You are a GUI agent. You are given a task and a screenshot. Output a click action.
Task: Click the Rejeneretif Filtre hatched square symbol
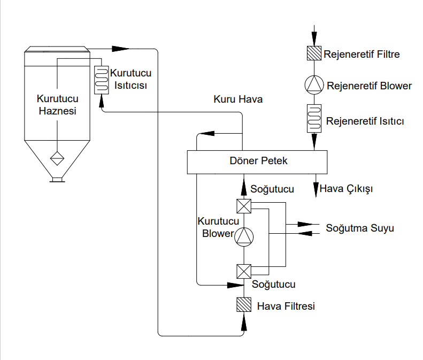tap(314, 53)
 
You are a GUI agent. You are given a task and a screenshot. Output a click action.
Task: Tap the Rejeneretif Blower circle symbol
tap(314, 85)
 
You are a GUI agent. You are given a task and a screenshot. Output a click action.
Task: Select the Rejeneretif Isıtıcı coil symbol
tap(314, 118)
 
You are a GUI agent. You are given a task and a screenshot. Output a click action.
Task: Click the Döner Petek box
tap(257, 162)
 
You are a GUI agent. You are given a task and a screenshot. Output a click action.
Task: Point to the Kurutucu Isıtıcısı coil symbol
tap(102, 80)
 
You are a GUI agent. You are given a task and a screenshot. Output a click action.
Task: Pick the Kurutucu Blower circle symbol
tap(244, 236)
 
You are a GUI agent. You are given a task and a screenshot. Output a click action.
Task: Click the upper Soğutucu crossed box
tap(244, 206)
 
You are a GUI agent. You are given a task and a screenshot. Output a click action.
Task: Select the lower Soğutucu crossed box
tap(244, 271)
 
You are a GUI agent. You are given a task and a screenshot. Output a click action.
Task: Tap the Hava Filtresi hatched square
tap(244, 305)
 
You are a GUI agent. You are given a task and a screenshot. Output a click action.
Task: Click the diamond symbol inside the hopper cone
tap(57, 158)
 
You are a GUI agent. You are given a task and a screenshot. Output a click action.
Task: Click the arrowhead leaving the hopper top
tap(120, 49)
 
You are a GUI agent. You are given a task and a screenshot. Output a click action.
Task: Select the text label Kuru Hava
tap(238, 99)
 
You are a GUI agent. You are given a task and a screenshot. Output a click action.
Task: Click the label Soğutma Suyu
tap(360, 228)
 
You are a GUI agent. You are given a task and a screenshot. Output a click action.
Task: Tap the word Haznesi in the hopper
tap(57, 111)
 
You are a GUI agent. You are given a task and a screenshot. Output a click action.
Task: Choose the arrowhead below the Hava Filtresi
tap(244, 323)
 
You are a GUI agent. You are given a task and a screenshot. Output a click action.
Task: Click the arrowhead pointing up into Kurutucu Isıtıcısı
tap(102, 101)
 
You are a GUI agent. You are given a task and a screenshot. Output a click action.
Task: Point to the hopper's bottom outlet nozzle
tap(57, 180)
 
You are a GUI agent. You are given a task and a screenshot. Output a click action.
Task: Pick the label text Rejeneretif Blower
tap(370, 86)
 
